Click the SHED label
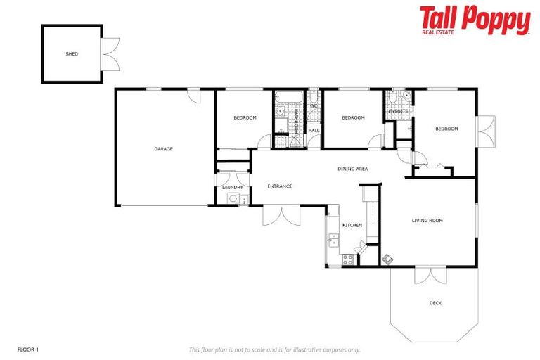tap(72, 53)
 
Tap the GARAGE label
tap(164, 148)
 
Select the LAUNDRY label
tap(232, 187)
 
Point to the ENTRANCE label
tap(280, 186)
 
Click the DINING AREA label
tap(353, 169)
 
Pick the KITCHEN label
tap(352, 225)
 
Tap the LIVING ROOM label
tap(427, 221)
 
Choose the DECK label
tap(436, 303)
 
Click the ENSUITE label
tap(398, 111)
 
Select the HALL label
tap(314, 130)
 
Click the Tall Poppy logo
tap(475, 20)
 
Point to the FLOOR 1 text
tap(28, 349)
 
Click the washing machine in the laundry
tap(233, 199)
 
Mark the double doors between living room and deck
tap(430, 276)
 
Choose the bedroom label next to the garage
tap(245, 117)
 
